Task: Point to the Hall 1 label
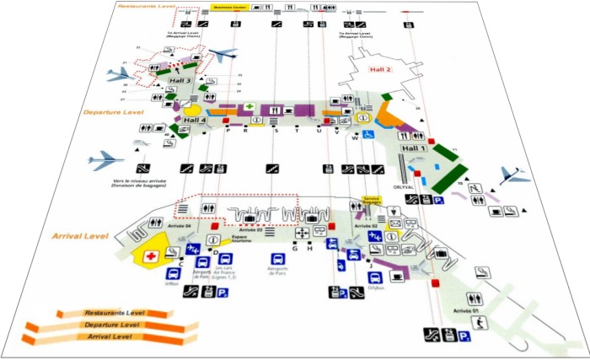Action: (413, 148)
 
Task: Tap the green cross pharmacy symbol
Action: (249, 107)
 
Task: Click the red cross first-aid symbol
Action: (153, 255)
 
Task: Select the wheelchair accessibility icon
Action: (368, 134)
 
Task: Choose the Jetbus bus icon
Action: (173, 275)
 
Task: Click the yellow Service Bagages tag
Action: (371, 201)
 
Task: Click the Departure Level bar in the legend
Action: (111, 325)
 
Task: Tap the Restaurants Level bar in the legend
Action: (111, 313)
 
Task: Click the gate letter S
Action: (276, 131)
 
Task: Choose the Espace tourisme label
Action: (234, 239)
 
